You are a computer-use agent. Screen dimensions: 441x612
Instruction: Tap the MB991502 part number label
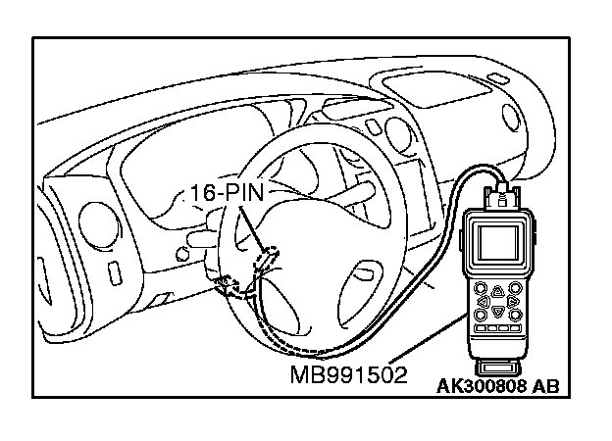348,376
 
